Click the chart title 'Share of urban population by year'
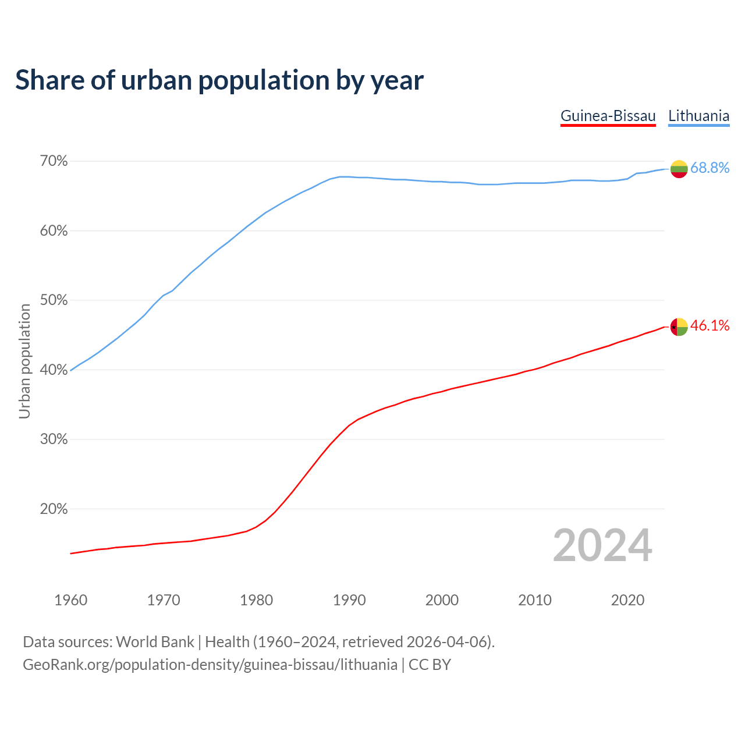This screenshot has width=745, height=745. coord(219,80)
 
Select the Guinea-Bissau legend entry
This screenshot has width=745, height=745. coord(608,116)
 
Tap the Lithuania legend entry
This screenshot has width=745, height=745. coord(698,116)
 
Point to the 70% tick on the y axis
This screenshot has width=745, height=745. coord(54,161)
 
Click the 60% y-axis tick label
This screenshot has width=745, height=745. coord(54,231)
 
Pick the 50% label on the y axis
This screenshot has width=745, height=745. coord(54,300)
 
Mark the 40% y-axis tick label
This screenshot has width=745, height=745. coord(54,370)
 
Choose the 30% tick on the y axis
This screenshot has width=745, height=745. coord(54,439)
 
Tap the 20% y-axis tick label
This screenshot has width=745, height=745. coord(54,509)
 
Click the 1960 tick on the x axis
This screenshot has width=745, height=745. coord(70,600)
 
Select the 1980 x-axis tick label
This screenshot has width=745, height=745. coord(256,600)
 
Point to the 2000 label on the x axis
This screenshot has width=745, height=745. coord(442,600)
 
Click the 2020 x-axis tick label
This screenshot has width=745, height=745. coord(627,600)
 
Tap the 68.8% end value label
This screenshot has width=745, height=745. coord(709,168)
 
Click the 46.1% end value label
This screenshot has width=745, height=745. coord(709,326)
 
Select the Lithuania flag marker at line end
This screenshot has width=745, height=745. coord(679,169)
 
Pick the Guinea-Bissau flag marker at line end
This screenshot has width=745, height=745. coord(679,327)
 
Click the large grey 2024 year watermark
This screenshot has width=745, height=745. coord(602,545)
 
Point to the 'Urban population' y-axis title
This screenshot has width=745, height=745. coord(25,361)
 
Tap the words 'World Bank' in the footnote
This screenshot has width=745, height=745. coord(155,642)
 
